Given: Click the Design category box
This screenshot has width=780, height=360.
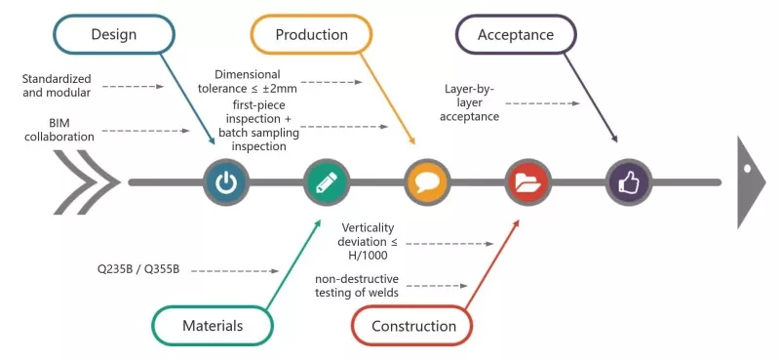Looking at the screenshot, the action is click(x=114, y=34).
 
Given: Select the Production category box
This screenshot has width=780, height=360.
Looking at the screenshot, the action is click(x=311, y=34).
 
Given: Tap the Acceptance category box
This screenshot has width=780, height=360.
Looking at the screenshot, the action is click(x=516, y=34).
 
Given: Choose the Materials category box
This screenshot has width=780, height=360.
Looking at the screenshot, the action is click(x=213, y=326).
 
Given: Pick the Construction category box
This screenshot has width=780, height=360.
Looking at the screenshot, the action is click(x=413, y=326).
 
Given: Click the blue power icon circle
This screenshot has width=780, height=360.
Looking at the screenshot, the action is click(x=226, y=182).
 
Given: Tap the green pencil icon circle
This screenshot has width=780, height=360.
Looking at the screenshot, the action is click(x=327, y=182).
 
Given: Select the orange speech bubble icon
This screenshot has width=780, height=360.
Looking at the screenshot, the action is click(x=427, y=182).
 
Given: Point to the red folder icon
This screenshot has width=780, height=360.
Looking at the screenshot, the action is click(x=527, y=182).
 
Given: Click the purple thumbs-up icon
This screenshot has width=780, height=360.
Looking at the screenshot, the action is click(x=629, y=182).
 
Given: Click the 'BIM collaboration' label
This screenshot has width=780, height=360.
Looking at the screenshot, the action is click(x=59, y=130).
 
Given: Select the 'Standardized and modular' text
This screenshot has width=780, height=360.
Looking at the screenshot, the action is click(x=57, y=86).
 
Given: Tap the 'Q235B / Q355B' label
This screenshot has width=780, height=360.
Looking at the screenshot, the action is click(x=138, y=269).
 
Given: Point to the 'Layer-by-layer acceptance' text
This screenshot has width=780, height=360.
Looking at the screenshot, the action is click(x=470, y=103).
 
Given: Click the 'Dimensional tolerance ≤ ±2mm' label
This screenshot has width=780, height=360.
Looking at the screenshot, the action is click(x=248, y=82).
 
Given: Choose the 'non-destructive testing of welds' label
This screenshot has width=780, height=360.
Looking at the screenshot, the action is click(x=357, y=285).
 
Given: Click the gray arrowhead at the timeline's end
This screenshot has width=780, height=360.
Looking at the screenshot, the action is click(x=751, y=182).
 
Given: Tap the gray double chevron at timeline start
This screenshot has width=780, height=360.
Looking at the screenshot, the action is click(x=87, y=182).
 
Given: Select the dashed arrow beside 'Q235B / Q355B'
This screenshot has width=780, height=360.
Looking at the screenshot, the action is click(x=235, y=271).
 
